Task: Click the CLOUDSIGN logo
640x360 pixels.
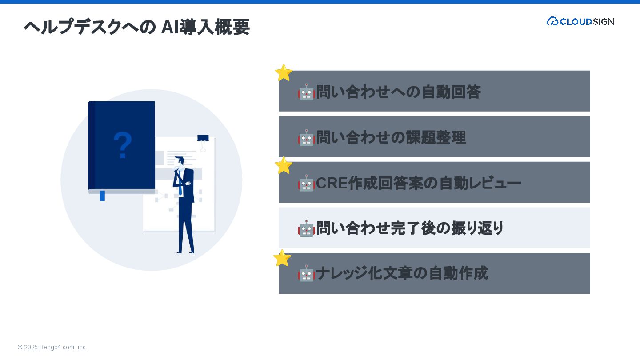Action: (x=580, y=21)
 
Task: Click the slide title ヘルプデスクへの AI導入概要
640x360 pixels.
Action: (x=136, y=27)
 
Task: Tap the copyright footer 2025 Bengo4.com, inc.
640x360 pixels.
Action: (x=52, y=347)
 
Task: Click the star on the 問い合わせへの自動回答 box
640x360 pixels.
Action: (x=284, y=73)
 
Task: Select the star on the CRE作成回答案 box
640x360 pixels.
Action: (x=284, y=165)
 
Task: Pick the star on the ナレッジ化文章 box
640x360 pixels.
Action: (x=282, y=258)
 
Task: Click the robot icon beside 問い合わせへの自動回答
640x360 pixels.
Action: (x=306, y=92)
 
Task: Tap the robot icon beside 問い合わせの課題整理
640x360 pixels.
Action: (x=306, y=138)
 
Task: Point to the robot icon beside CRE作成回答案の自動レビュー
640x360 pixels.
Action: (x=306, y=183)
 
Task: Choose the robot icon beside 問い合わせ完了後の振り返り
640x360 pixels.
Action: (x=306, y=228)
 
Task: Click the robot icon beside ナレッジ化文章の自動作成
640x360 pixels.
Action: (x=306, y=274)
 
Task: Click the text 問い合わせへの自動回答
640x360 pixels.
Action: (x=398, y=92)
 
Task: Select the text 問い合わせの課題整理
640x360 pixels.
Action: (x=391, y=138)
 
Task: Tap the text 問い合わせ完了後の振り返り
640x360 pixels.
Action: (x=410, y=228)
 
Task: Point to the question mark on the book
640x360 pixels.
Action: (x=123, y=145)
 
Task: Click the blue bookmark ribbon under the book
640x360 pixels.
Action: (x=102, y=196)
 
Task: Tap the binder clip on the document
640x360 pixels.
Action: (x=203, y=141)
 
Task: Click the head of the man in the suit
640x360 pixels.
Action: (x=180, y=161)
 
